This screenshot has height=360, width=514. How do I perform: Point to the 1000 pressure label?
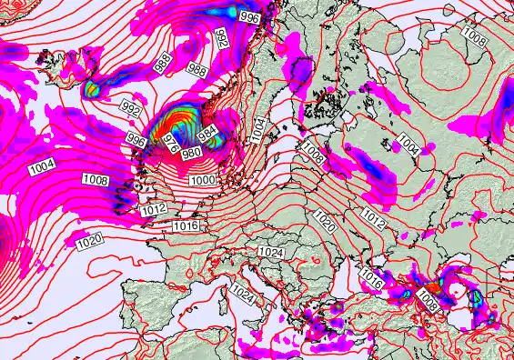coord(204,181)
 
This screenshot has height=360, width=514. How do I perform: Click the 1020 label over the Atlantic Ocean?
coord(89,241)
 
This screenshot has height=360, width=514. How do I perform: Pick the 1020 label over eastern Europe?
coord(325,219)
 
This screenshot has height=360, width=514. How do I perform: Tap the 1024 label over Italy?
coord(242,293)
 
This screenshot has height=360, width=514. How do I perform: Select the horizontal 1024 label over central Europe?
coord(269,251)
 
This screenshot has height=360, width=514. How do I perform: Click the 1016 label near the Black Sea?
coord(370,274)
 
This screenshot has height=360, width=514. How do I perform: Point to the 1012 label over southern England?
coord(154,210)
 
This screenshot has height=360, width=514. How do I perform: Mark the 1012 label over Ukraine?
coord(373,218)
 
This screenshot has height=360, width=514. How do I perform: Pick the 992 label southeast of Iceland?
coord(131,111)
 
